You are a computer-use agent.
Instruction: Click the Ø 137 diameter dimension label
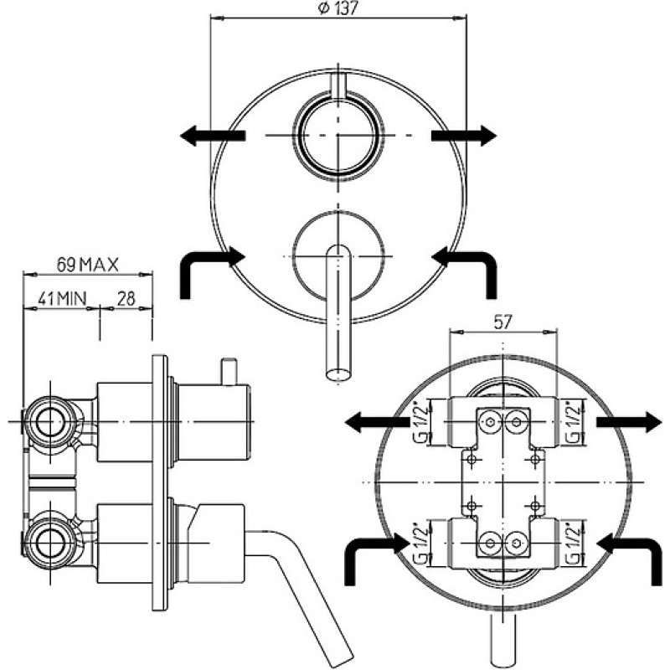(338, 8)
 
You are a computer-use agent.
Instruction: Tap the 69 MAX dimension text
(88, 265)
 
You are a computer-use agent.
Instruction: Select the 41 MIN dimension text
(62, 298)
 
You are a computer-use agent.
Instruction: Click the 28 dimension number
(126, 298)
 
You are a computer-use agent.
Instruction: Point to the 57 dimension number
(502, 322)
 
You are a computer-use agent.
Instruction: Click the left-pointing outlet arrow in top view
(213, 136)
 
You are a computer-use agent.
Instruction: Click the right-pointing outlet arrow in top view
(464, 136)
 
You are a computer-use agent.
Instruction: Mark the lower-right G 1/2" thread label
(574, 544)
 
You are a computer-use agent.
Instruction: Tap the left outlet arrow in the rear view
(377, 422)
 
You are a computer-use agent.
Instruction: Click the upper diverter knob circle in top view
(338, 135)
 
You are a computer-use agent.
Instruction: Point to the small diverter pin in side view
(228, 371)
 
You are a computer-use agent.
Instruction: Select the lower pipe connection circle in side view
(50, 543)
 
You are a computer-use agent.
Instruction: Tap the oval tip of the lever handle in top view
(338, 374)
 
